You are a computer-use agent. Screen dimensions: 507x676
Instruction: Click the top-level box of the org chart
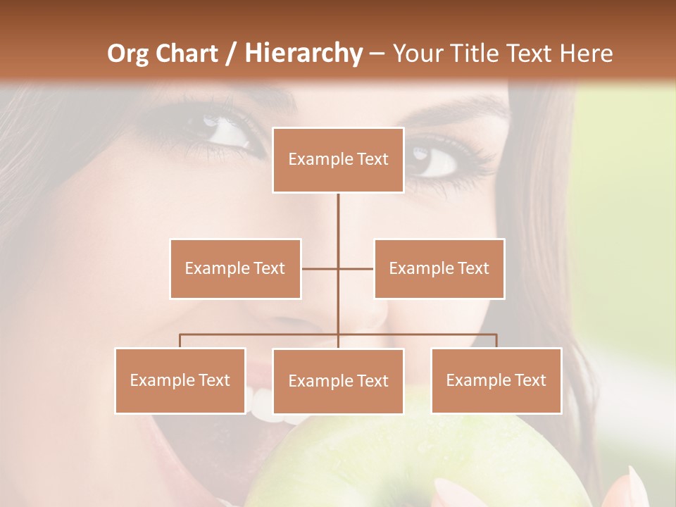tap(338, 160)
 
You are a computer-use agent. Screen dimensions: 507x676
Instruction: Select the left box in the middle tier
tap(235, 268)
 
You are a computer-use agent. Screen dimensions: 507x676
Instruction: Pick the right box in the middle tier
tap(439, 268)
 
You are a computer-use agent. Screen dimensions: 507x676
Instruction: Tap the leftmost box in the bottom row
tap(180, 380)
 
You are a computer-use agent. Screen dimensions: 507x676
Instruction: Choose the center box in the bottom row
tap(338, 381)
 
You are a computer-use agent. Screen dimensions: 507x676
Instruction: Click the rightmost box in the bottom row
tap(496, 380)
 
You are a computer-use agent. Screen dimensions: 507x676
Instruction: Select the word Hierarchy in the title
tap(303, 54)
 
